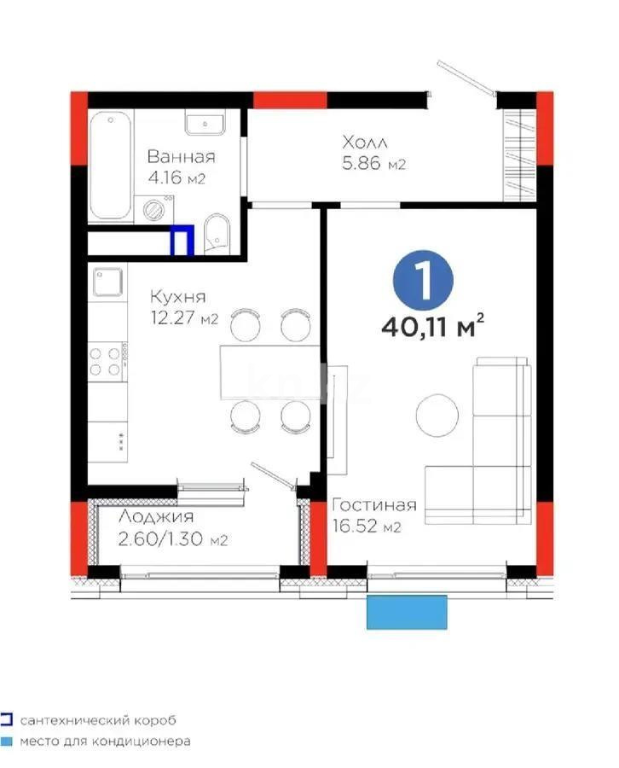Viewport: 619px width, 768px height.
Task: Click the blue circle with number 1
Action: click(x=423, y=278)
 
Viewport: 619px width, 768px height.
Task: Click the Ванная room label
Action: click(x=181, y=157)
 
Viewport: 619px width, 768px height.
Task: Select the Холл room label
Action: click(x=366, y=141)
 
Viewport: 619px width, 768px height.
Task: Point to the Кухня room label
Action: click(x=177, y=297)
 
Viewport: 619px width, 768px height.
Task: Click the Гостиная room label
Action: click(x=374, y=504)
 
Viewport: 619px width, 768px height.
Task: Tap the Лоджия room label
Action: click(x=155, y=516)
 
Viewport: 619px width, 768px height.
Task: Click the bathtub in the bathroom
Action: click(x=110, y=165)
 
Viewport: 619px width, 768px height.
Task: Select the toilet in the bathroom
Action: click(x=217, y=232)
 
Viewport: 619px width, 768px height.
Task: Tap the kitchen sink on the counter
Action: click(x=108, y=281)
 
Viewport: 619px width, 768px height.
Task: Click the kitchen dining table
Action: click(x=269, y=371)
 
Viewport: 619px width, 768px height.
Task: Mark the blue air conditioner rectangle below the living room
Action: click(x=407, y=612)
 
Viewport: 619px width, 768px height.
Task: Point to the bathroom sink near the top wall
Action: click(x=205, y=125)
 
